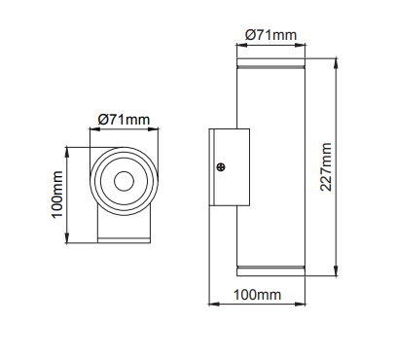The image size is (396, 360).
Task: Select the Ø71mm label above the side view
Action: pos(270,34)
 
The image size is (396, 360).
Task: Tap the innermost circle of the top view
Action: pos(124,180)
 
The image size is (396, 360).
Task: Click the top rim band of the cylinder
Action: pos(270,69)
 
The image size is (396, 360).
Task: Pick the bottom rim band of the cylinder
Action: pos(270,267)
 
